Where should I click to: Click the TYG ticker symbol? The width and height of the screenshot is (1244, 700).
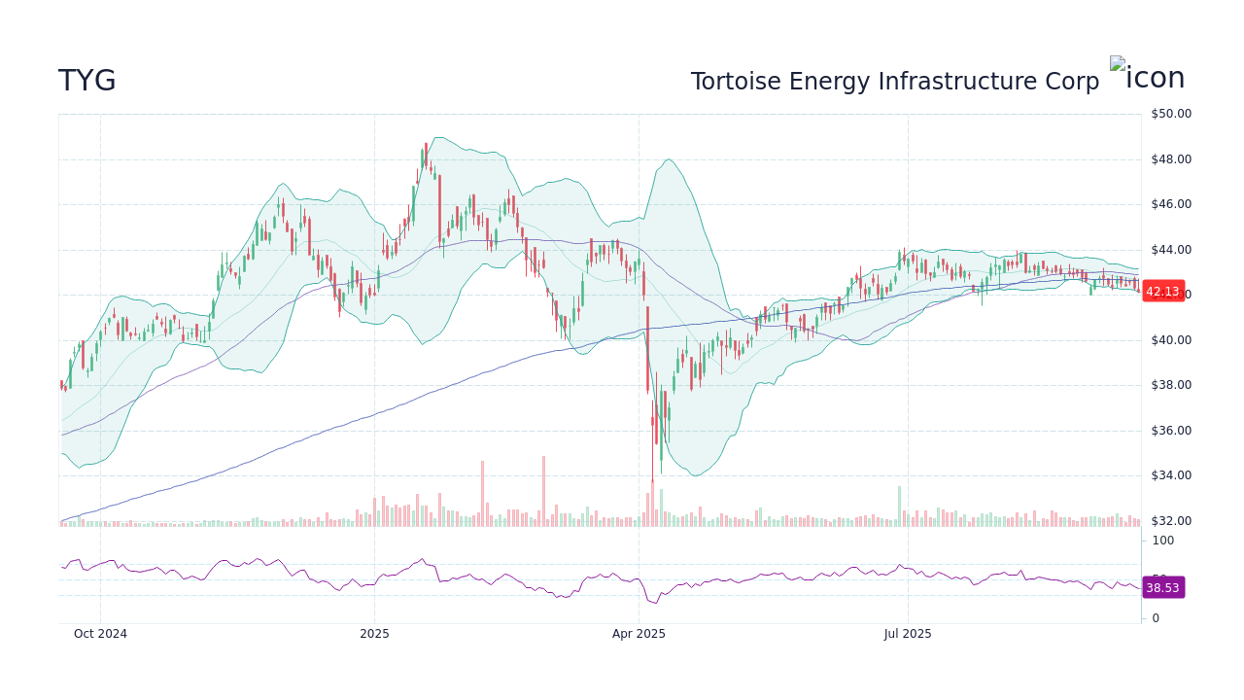87,82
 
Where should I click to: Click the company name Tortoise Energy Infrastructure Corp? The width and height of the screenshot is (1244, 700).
894,82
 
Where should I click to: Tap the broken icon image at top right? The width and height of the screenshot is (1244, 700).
1148,76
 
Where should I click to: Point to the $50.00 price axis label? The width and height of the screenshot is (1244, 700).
1170,114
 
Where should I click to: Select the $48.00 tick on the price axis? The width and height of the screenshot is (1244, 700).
1170,159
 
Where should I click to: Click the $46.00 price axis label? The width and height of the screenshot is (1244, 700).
1170,204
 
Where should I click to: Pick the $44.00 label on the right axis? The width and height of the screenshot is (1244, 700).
1170,250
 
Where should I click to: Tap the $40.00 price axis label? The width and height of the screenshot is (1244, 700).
1170,340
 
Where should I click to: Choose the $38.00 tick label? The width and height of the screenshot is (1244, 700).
1170,385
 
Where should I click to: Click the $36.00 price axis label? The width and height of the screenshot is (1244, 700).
1170,431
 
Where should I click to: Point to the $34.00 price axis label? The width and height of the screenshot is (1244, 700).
1170,475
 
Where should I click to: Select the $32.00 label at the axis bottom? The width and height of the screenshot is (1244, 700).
1170,521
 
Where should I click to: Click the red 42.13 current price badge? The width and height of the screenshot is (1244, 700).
1162,292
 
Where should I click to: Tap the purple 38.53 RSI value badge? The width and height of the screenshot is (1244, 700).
1162,588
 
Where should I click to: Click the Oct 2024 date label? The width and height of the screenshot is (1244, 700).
100,634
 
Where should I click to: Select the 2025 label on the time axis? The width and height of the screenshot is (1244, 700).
374,634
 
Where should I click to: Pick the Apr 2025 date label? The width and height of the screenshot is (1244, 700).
639,634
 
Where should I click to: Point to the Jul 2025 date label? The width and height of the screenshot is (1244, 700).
908,634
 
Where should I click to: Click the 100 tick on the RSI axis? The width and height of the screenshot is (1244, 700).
1163,541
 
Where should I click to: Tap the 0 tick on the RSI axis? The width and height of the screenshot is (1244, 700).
1156,618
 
